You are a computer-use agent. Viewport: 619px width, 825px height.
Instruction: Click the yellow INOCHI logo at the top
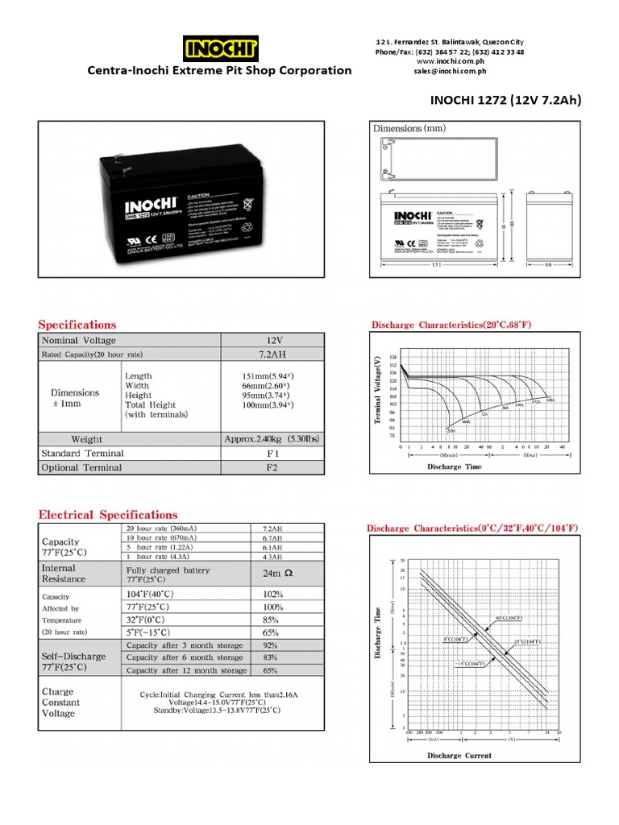(221, 48)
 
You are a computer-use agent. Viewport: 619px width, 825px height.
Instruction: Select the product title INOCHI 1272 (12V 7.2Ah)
(505, 100)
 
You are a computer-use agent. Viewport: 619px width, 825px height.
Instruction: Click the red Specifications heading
(78, 324)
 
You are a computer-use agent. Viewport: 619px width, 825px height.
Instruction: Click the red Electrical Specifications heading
(109, 514)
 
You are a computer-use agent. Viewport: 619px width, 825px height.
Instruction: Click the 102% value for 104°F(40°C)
(272, 594)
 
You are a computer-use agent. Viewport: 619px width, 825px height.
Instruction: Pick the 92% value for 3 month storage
(270, 645)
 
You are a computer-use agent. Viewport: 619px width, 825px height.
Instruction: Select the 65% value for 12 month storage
(270, 670)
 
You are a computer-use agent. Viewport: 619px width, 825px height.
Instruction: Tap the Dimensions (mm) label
(409, 128)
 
